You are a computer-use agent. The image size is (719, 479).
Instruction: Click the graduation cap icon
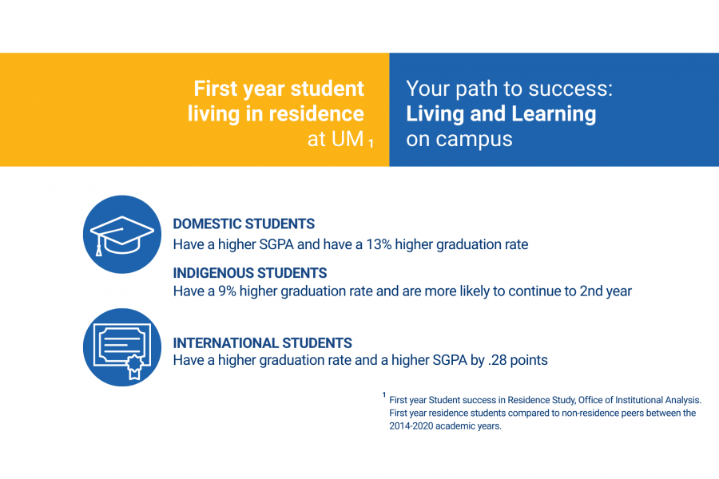pyautogui.click(x=122, y=234)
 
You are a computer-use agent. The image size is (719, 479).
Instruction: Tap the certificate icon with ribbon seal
pyautogui.click(x=122, y=347)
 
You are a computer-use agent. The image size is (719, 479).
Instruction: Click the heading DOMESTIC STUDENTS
pyautogui.click(x=244, y=224)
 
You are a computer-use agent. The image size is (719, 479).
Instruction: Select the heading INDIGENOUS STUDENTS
pyautogui.click(x=250, y=273)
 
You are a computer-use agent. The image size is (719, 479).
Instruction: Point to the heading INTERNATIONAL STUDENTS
pyautogui.click(x=262, y=343)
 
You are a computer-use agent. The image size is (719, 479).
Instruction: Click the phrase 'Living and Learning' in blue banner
pyautogui.click(x=501, y=114)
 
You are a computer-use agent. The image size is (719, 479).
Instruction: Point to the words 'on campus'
pyautogui.click(x=459, y=139)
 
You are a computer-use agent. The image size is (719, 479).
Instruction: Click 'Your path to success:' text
pyautogui.click(x=509, y=89)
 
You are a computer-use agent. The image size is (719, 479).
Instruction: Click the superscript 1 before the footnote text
pyautogui.click(x=383, y=394)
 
